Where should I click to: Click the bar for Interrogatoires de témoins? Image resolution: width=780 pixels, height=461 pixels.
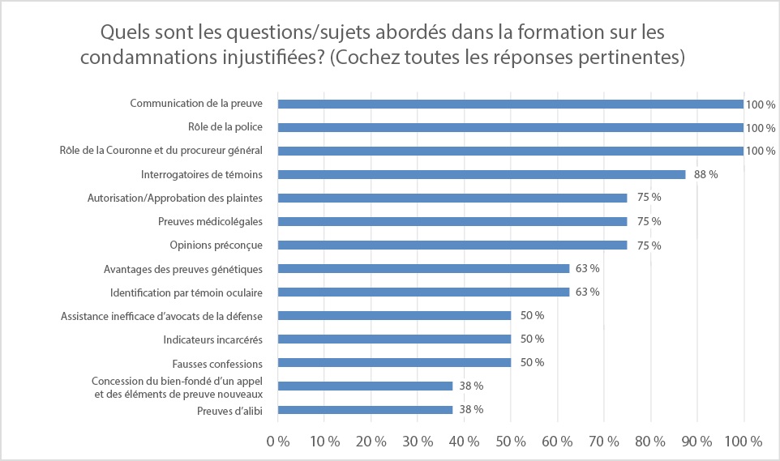click(x=482, y=174)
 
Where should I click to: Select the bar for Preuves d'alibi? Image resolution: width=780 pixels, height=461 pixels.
click(x=365, y=409)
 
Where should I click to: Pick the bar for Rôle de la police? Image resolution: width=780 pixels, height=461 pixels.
click(x=511, y=127)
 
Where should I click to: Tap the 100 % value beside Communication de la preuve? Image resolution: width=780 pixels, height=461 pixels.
click(x=761, y=105)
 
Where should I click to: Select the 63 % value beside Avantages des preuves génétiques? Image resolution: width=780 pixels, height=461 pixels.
click(x=587, y=268)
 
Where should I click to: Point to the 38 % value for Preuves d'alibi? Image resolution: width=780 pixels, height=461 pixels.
click(x=471, y=409)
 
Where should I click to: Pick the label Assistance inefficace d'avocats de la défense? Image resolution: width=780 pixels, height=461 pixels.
click(x=166, y=315)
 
